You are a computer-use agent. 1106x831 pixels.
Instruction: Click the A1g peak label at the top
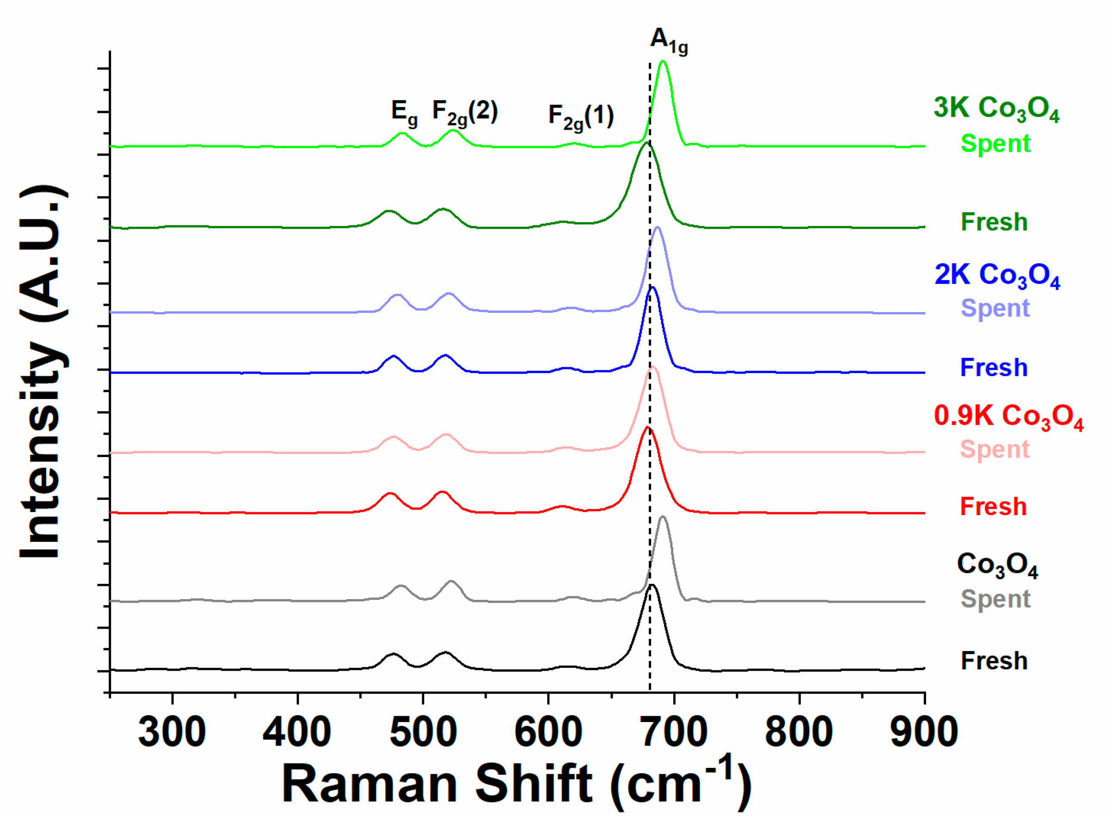tap(669, 41)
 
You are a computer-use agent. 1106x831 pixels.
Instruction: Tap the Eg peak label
tap(404, 112)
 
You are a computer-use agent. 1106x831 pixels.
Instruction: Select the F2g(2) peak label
tap(465, 112)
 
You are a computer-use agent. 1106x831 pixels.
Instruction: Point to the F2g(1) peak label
tap(581, 117)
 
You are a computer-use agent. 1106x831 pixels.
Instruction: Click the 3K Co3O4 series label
tap(996, 109)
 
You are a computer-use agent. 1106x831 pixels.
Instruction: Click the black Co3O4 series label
tap(997, 565)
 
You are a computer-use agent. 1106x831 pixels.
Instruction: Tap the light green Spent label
tap(995, 143)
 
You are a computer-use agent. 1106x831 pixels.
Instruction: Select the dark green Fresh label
tap(994, 222)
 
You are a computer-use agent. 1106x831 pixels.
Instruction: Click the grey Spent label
tap(995, 599)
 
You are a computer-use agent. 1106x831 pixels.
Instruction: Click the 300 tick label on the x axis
tap(172, 732)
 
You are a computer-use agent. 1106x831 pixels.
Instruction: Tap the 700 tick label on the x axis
tap(674, 732)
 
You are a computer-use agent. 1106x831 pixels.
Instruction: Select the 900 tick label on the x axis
tap(924, 732)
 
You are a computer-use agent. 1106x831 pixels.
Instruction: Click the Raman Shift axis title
tap(516, 784)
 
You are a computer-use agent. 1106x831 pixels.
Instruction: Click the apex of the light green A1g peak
tap(663, 61)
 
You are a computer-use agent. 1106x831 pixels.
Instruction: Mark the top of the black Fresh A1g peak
tap(652, 585)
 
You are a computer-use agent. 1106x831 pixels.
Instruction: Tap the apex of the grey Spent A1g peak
tap(663, 517)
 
